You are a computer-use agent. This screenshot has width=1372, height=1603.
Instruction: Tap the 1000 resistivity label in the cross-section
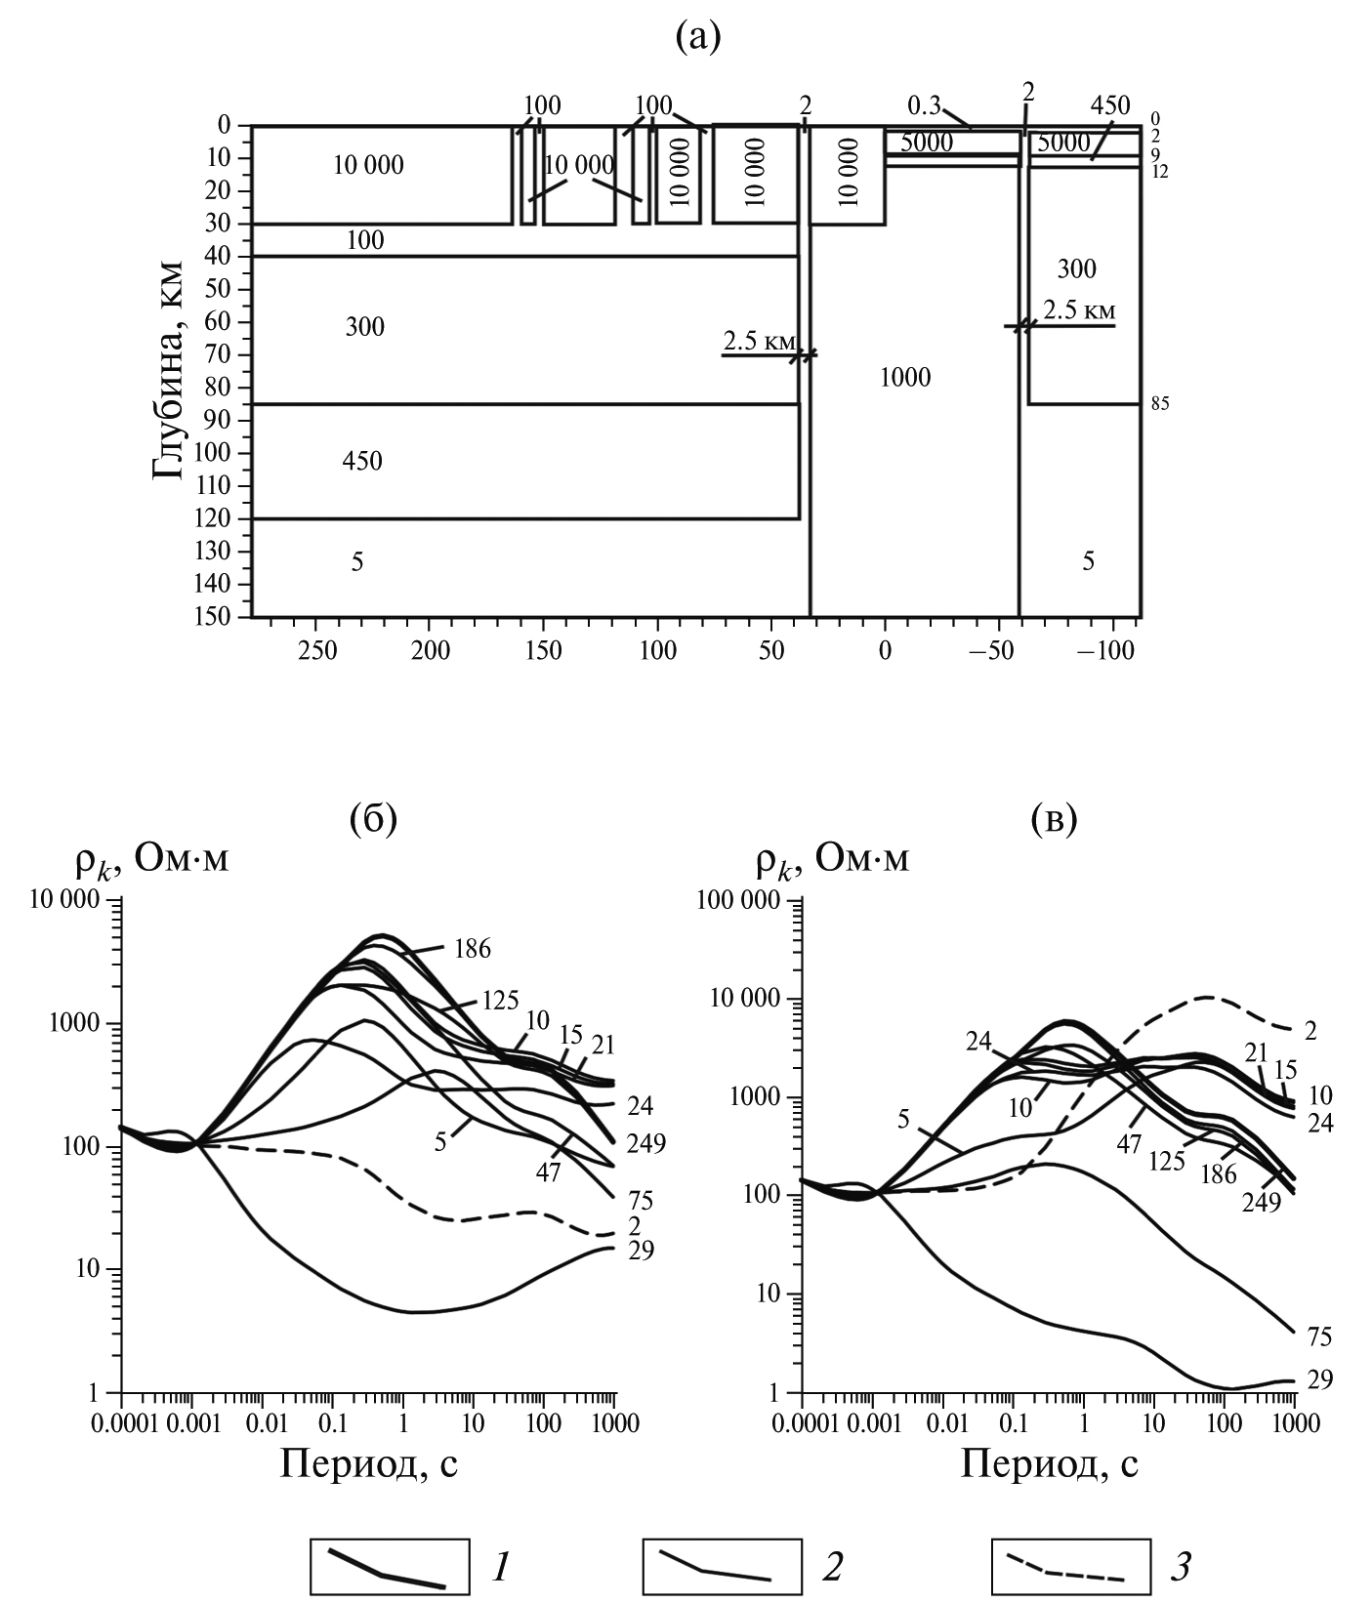905,377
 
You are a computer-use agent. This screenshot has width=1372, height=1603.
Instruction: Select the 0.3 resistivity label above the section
925,104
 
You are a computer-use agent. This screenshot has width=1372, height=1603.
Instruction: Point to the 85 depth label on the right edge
1159,404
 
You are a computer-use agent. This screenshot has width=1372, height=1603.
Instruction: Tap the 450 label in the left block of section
362,461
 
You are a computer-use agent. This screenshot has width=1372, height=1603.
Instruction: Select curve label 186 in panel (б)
471,949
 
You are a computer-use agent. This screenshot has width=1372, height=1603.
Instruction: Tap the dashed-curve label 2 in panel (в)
1310,1031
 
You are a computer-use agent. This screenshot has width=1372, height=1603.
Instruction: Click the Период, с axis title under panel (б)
369,1462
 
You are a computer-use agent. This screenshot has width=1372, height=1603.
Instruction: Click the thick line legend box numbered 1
388,1567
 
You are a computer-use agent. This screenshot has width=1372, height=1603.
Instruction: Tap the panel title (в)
1054,820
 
